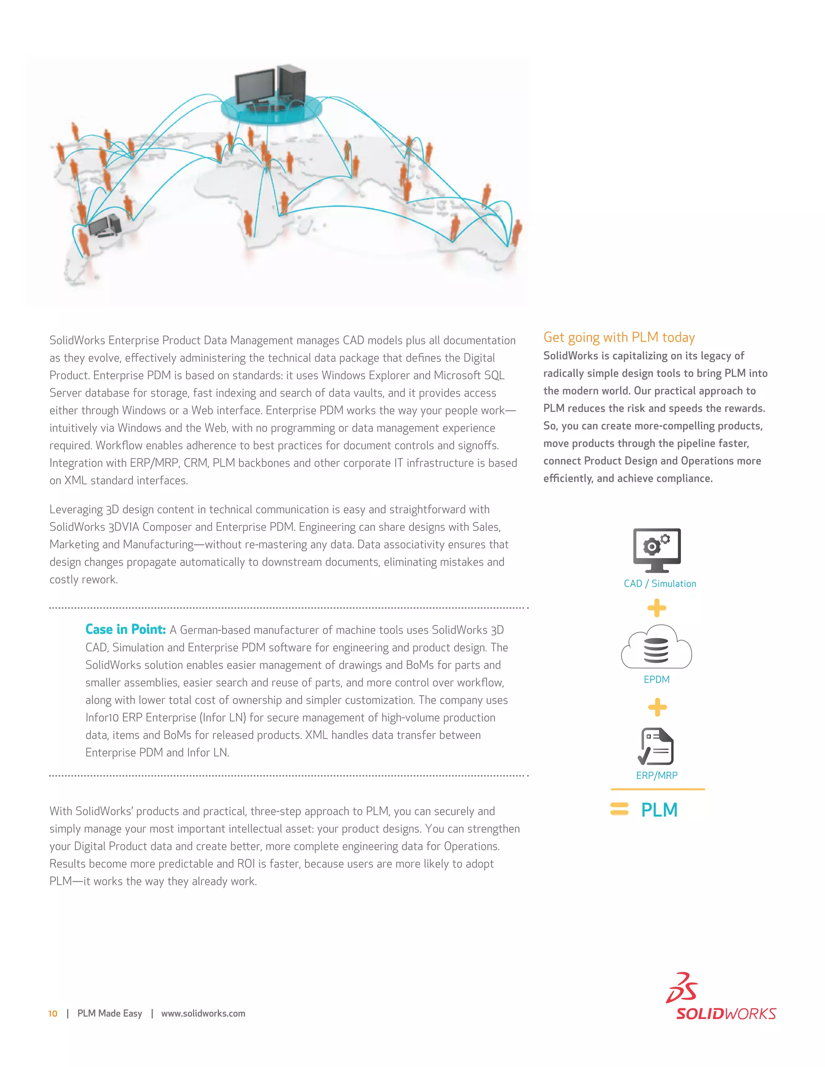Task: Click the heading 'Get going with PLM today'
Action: point(619,337)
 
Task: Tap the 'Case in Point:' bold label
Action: point(126,629)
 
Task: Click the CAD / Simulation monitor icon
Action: point(657,550)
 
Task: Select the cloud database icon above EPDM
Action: point(656,647)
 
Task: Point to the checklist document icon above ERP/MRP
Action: point(656,746)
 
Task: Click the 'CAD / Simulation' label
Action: point(660,583)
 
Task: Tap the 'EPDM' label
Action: point(656,679)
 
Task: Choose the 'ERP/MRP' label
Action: point(656,775)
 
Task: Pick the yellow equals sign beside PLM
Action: point(619,809)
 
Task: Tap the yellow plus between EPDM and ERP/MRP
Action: point(657,707)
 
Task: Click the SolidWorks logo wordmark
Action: point(726,1014)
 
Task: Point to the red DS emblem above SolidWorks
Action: point(682,988)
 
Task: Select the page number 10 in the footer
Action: point(53,1014)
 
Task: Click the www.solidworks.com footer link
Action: point(203,1014)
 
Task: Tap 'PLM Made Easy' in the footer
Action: point(110,1014)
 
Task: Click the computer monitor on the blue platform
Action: point(255,87)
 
